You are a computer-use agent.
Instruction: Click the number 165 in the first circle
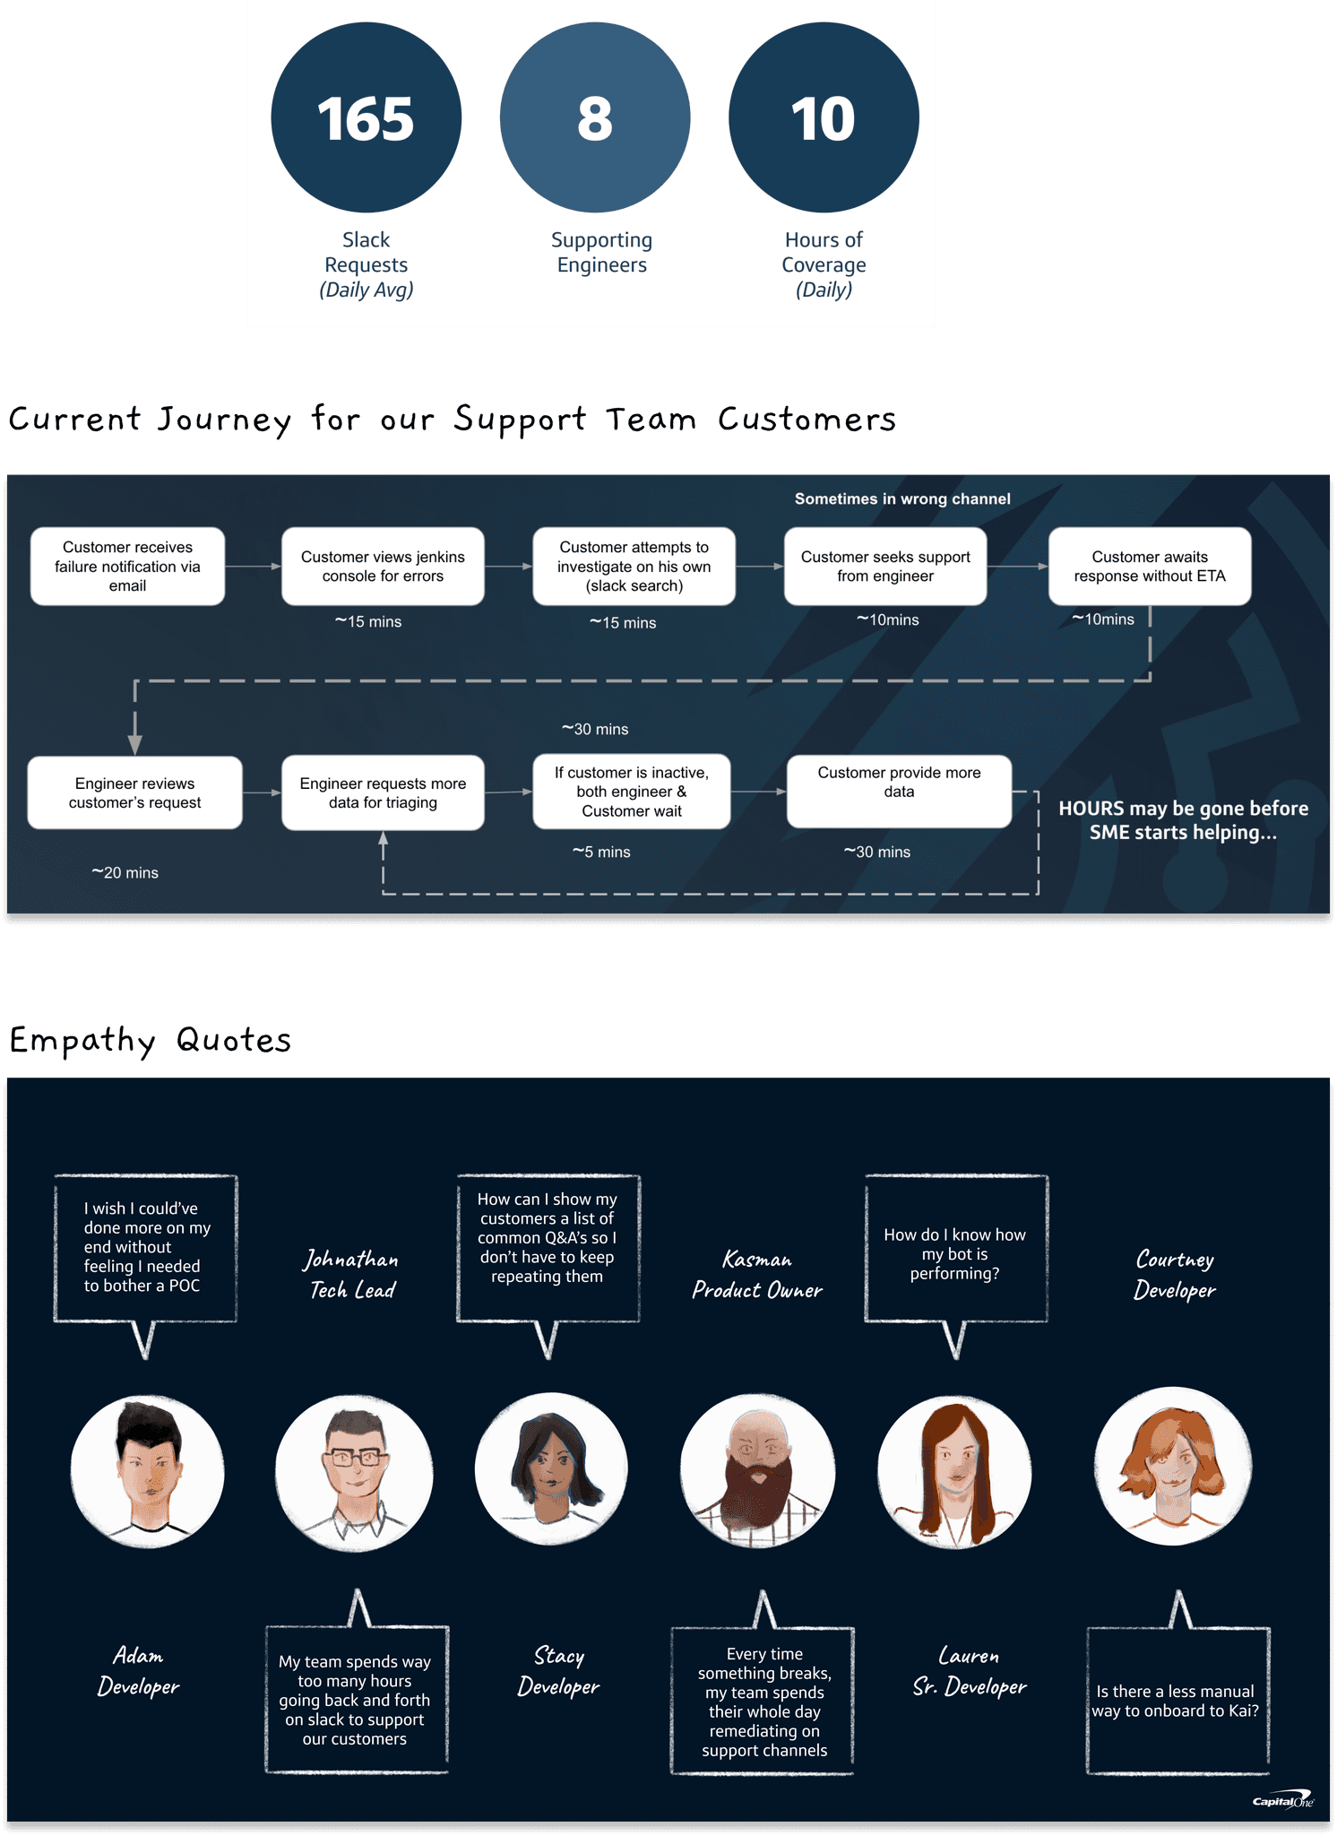point(366,118)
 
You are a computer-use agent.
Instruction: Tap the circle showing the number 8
point(595,117)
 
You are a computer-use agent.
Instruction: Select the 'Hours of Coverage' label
point(824,253)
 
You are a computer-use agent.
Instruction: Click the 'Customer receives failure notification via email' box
point(127,566)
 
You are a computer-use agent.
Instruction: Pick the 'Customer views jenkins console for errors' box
point(383,566)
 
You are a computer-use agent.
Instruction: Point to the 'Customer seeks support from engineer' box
point(885,566)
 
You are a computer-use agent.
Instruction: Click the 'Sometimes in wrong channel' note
point(902,498)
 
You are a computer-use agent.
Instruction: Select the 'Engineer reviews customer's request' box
point(134,792)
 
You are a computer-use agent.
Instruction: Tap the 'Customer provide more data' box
point(899,792)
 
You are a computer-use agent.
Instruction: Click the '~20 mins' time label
point(125,872)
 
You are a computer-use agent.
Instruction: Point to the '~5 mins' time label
point(601,852)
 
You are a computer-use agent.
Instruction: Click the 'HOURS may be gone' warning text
point(1183,819)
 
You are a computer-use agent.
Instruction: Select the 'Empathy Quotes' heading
point(151,1040)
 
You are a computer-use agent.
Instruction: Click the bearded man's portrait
point(758,1471)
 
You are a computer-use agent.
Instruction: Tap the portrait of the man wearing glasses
point(354,1473)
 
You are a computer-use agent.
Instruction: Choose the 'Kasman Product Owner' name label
point(757,1275)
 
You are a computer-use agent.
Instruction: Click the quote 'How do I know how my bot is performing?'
point(954,1253)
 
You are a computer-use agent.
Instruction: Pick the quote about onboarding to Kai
point(1175,1701)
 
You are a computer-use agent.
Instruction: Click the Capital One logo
point(1282,1800)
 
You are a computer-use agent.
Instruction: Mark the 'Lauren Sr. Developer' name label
point(970,1671)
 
